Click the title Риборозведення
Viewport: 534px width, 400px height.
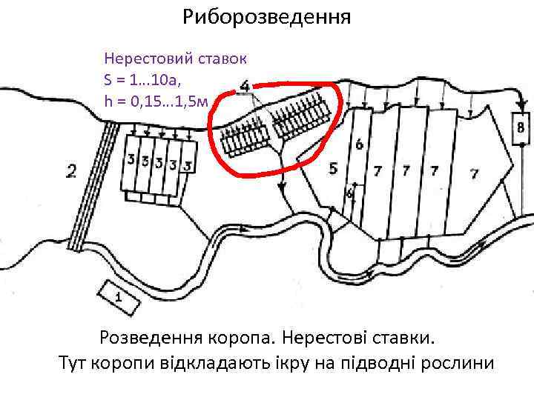coord(267,16)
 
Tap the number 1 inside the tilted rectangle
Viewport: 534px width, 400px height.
coord(118,296)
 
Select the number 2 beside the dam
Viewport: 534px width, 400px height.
coord(71,173)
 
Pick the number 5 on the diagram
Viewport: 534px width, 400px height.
coord(333,169)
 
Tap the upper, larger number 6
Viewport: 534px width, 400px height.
coord(360,144)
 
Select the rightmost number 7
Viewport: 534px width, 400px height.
coord(474,173)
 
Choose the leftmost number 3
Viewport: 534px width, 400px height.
coord(131,159)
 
